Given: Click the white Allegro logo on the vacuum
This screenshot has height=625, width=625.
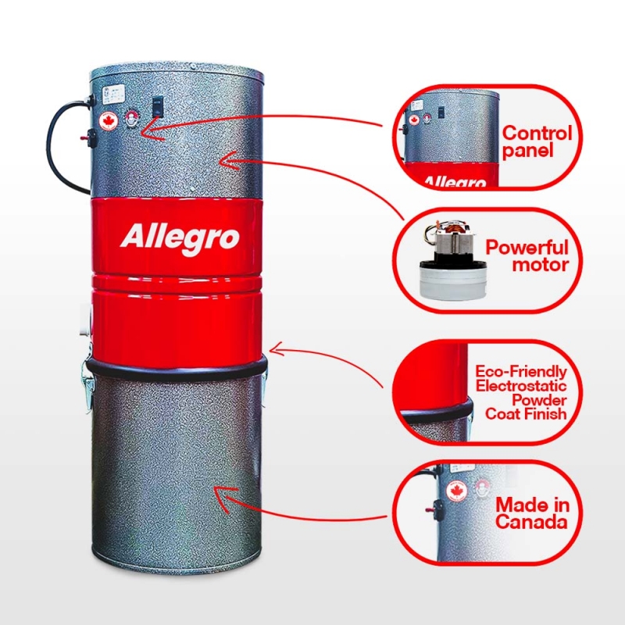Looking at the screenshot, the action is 180,238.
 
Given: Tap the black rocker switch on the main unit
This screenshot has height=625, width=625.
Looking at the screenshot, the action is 158,106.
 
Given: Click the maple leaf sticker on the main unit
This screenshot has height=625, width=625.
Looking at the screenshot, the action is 109,121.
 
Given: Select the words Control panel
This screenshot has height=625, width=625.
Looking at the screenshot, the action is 537,142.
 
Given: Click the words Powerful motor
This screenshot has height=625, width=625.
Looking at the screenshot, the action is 527,256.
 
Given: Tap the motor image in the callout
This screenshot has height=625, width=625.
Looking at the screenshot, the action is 453,259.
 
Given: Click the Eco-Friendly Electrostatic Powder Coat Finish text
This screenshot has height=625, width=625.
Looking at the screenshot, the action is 521,393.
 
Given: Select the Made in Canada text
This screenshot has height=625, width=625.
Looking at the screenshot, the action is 532,513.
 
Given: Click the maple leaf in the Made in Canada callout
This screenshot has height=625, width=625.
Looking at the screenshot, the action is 457,491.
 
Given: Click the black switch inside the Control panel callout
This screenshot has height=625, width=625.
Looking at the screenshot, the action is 441,112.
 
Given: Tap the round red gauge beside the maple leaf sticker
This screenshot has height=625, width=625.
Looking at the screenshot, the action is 131,118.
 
